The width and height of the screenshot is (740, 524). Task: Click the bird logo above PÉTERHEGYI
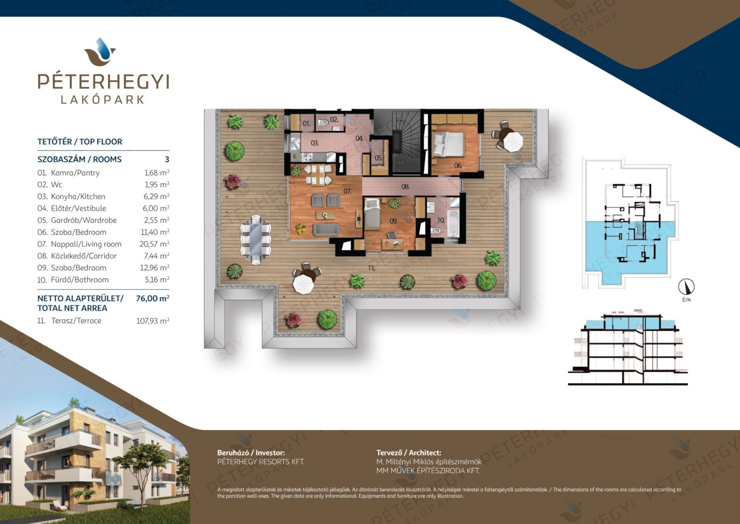click(100, 52)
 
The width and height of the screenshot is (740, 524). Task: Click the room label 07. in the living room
click(347, 191)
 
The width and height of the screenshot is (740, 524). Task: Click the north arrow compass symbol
click(686, 287)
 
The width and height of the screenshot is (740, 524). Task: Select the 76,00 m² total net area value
click(153, 298)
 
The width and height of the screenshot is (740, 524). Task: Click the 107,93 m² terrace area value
click(153, 321)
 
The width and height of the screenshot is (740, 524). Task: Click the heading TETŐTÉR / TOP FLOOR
click(80, 142)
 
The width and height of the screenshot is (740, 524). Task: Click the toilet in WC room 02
click(323, 123)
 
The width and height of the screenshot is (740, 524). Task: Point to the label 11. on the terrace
click(372, 268)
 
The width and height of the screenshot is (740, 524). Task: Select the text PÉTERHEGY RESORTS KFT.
click(261, 461)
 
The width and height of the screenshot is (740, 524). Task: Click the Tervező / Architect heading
click(409, 453)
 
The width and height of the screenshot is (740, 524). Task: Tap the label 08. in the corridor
click(405, 187)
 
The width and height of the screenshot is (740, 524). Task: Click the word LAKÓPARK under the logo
click(103, 100)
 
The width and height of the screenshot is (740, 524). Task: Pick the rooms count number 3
click(167, 159)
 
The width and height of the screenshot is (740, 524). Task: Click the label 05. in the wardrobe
click(378, 158)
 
